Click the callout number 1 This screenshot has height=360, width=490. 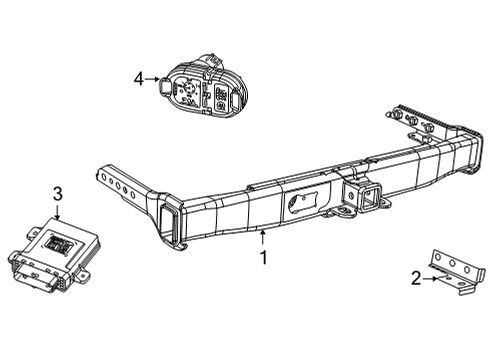coord(263,257)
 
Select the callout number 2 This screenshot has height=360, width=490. coord(416,279)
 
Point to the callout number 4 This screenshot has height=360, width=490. coord(139,77)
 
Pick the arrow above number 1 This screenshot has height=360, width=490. coord(263,237)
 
